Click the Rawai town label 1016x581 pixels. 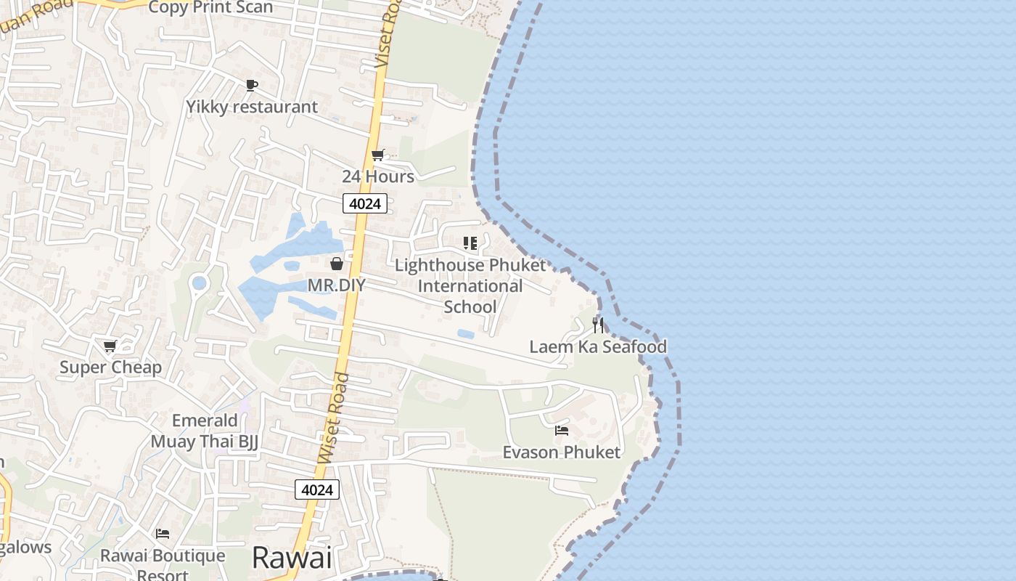click(292, 558)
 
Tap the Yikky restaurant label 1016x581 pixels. click(252, 107)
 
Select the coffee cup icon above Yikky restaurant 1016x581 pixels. click(251, 86)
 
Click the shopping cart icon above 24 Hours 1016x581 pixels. click(377, 155)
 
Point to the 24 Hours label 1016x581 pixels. click(378, 176)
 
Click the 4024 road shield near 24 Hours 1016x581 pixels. click(364, 204)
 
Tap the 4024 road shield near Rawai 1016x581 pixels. click(317, 490)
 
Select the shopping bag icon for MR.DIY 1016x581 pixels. click(337, 264)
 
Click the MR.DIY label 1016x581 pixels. click(336, 285)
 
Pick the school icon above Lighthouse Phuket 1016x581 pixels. click(470, 243)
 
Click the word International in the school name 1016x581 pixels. click(470, 286)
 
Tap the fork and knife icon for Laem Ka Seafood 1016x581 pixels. click(598, 325)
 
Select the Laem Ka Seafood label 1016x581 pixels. click(598, 346)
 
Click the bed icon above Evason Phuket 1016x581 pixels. click(562, 431)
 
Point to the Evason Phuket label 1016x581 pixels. click(562, 452)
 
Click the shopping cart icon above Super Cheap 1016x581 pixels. click(110, 346)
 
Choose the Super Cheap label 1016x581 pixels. click(110, 367)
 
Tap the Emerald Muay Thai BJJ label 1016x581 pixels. click(205, 431)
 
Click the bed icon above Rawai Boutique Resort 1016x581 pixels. click(163, 534)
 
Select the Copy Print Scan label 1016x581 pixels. click(210, 8)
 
